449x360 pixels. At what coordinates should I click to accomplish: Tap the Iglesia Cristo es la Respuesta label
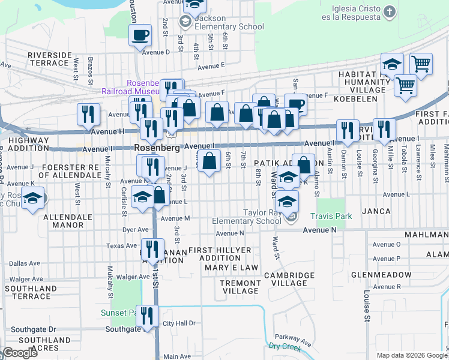pyautogui.click(x=356, y=12)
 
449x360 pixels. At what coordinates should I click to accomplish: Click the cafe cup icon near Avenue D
pyautogui.click(x=140, y=35)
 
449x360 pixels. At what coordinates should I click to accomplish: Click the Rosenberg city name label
pyautogui.click(x=158, y=148)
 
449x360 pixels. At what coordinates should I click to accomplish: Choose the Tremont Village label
pyautogui.click(x=240, y=287)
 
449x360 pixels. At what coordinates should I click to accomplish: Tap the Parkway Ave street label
pyautogui.click(x=294, y=340)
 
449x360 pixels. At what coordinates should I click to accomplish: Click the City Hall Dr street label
pyautogui.click(x=179, y=323)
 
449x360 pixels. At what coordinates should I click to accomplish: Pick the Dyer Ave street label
pyautogui.click(x=135, y=229)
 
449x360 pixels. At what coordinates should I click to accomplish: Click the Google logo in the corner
pyautogui.click(x=19, y=353)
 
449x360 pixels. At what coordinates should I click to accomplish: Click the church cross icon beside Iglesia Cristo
pyautogui.click(x=390, y=11)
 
